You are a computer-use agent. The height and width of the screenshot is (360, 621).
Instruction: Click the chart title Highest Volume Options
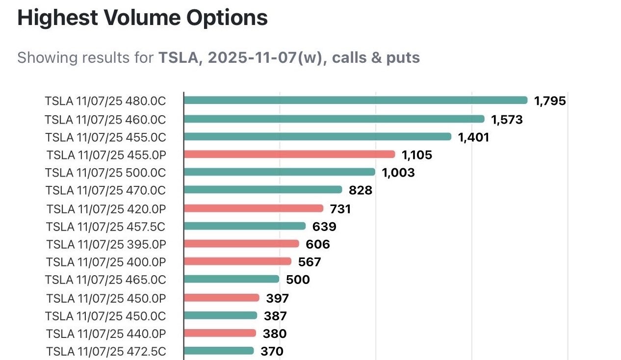[143, 18]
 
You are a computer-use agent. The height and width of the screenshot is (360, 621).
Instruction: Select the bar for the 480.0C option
[356, 100]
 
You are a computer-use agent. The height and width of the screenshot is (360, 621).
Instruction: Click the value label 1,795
[550, 101]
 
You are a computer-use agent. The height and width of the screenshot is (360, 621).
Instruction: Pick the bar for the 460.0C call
[334, 119]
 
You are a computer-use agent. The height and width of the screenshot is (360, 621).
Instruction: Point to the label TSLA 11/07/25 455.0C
[105, 137]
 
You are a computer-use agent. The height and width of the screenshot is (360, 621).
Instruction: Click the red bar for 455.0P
[289, 154]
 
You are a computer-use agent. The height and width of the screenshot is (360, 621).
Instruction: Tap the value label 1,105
[416, 155]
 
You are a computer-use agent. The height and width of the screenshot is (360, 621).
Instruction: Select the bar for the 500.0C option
[280, 172]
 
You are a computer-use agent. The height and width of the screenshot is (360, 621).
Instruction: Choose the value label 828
[361, 190]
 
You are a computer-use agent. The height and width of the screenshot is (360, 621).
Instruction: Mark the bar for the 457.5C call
[245, 226]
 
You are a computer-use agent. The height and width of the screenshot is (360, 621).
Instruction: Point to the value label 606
[318, 244]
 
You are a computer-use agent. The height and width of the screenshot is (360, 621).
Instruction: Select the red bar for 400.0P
[237, 261]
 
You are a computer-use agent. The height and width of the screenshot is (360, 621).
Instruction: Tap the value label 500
[298, 280]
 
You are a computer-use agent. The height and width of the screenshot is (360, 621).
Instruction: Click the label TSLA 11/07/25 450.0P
[106, 299]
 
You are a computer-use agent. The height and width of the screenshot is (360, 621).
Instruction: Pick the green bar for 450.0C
[220, 315]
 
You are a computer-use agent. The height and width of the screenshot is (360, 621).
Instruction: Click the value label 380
[275, 334]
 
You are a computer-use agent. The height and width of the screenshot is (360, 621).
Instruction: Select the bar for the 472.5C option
[219, 351]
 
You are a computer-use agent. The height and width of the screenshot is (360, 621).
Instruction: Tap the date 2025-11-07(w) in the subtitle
[265, 58]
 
